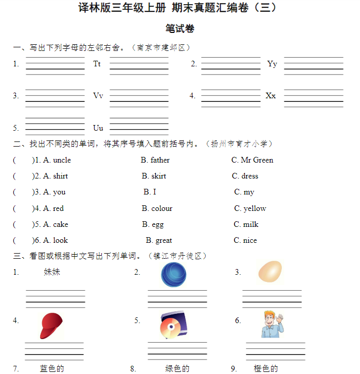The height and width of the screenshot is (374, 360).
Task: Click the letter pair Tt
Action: tap(97, 64)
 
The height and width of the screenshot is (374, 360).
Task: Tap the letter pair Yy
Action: tap(272, 64)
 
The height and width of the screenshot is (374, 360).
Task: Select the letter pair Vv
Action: tap(98, 96)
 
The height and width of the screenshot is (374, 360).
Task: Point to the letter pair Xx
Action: tap(271, 96)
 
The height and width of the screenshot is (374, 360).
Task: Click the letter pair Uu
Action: tap(98, 128)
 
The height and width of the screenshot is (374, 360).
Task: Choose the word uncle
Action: tap(62, 160)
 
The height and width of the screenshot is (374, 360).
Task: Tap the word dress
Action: tap(250, 176)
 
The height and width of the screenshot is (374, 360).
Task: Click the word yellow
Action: tap(255, 208)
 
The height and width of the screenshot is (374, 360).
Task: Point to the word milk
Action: tap(251, 224)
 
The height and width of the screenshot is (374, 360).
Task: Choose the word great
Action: tap(164, 240)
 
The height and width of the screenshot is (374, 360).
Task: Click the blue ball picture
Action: tap(174, 275)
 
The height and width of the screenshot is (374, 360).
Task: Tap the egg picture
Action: tap(269, 273)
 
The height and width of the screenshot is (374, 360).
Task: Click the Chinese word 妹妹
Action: tap(52, 272)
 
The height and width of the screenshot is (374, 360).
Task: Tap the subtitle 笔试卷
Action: tap(180, 28)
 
